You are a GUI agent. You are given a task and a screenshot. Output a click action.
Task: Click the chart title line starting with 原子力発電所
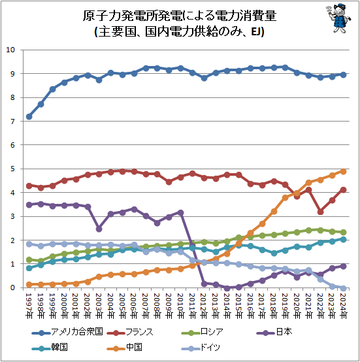click(x=180, y=16)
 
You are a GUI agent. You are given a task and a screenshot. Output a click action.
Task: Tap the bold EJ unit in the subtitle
click(x=255, y=31)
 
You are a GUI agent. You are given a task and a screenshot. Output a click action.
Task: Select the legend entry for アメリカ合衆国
click(x=67, y=332)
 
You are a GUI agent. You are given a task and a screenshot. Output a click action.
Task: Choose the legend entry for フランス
click(x=130, y=332)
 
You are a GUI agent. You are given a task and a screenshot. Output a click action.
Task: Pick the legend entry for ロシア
click(x=202, y=332)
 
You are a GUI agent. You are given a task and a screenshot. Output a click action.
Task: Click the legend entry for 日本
click(x=274, y=332)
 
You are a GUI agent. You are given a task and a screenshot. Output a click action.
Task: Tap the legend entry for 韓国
click(x=50, y=347)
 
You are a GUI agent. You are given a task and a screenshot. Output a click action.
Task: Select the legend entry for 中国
click(x=124, y=347)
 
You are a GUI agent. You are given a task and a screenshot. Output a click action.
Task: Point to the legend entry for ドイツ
click(x=201, y=347)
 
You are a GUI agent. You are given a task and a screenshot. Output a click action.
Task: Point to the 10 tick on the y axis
click(x=10, y=50)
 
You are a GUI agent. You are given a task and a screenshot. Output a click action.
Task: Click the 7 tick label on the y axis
click(x=12, y=121)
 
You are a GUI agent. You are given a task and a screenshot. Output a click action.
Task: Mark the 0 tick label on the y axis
click(x=12, y=288)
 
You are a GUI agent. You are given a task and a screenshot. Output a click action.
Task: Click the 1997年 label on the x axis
click(x=29, y=306)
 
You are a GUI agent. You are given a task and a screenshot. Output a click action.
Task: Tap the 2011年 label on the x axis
click(x=192, y=306)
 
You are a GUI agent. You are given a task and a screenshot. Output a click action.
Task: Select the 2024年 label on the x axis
click(x=344, y=306)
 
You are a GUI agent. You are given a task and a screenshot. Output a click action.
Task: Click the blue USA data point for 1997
click(x=29, y=116)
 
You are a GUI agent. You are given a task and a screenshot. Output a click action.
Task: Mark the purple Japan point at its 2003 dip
click(x=99, y=229)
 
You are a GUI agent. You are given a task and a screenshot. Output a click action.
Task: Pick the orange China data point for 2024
click(x=344, y=172)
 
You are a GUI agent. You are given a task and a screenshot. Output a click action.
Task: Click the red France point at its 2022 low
click(x=320, y=212)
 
